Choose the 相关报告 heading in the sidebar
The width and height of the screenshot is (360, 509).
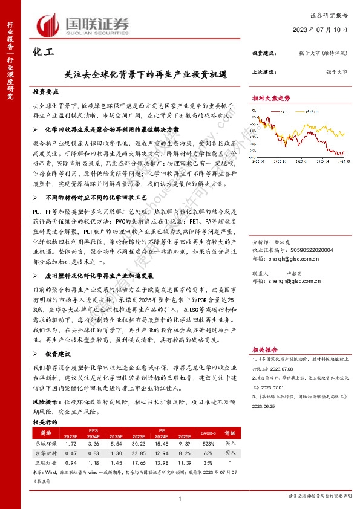(264, 349)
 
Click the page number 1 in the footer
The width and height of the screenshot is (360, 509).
(180, 497)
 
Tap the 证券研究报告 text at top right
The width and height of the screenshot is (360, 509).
(330, 17)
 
